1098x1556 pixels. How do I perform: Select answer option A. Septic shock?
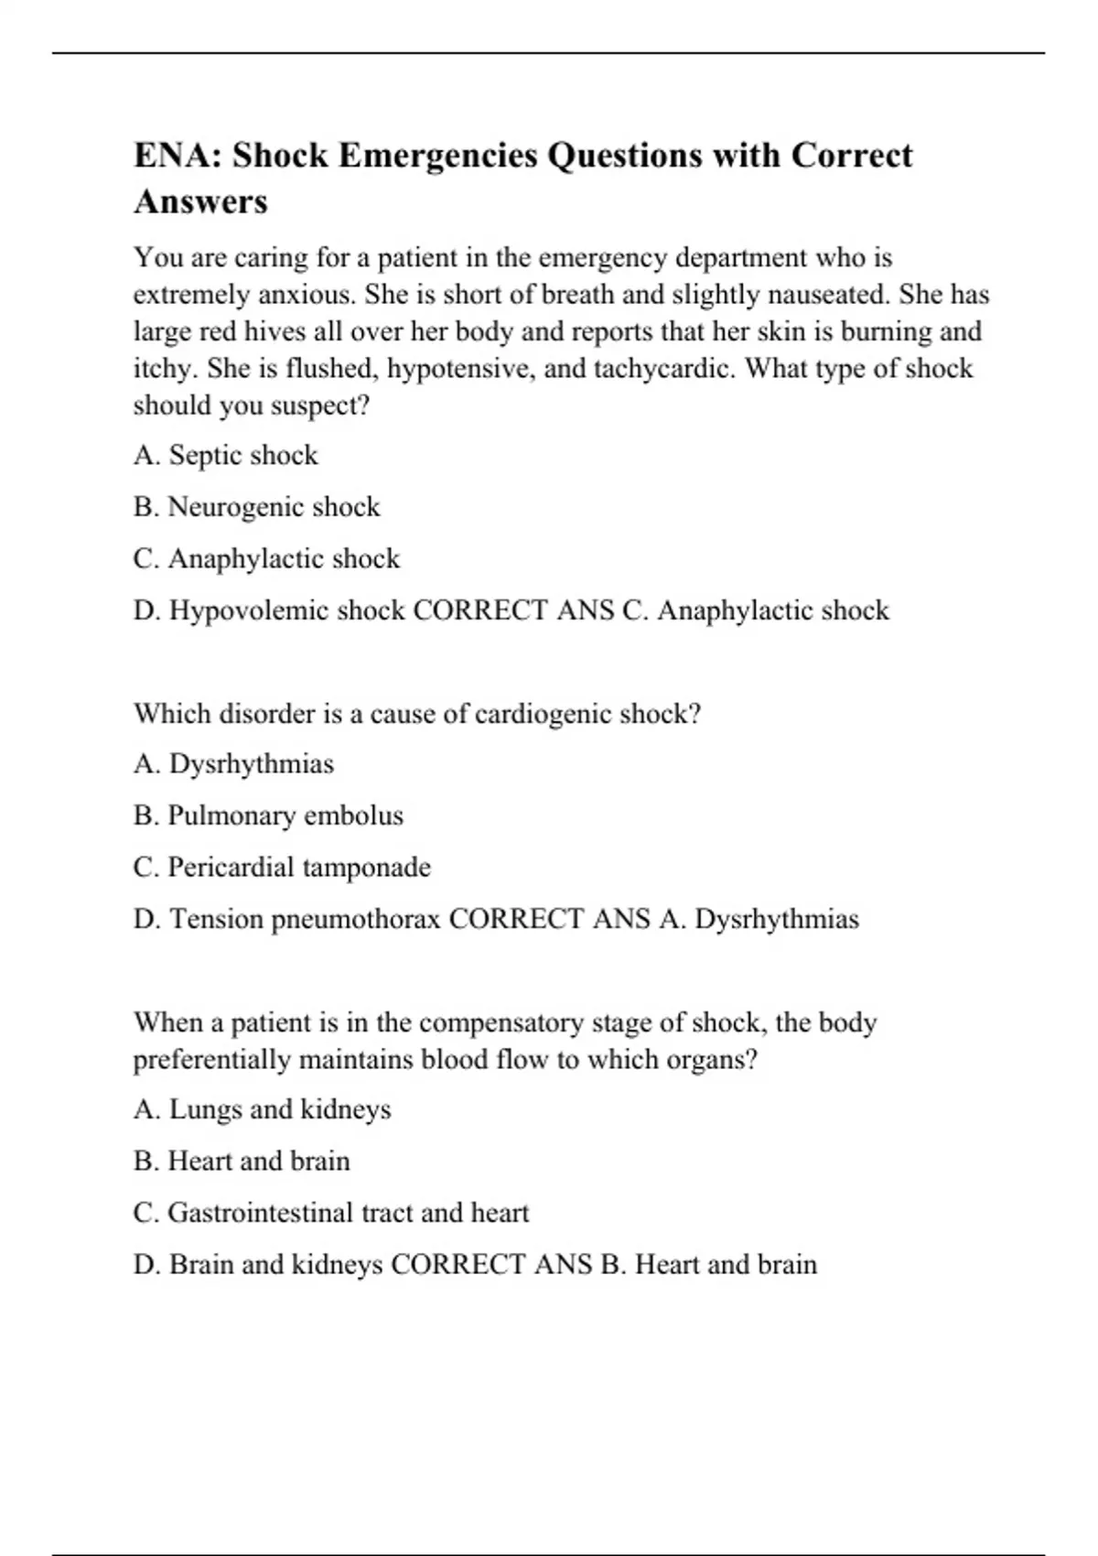tap(225, 455)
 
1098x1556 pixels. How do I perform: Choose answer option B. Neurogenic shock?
tap(256, 506)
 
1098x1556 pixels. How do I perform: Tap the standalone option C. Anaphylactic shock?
tap(266, 558)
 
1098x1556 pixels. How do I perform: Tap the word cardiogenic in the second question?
tap(544, 713)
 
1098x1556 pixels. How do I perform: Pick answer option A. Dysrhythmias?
tap(233, 763)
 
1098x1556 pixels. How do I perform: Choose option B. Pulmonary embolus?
tap(268, 816)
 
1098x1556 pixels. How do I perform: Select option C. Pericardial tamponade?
tap(282, 867)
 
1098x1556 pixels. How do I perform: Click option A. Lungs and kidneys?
tap(262, 1109)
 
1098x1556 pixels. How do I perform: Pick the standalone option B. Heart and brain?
tap(242, 1161)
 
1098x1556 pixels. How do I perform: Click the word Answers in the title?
tap(200, 201)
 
